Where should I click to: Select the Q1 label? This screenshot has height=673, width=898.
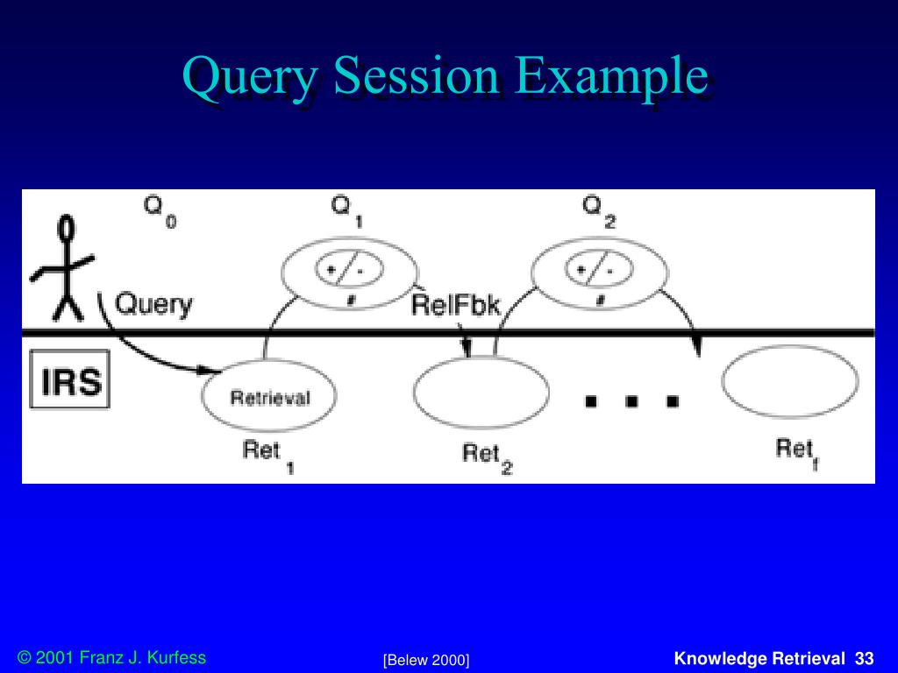pyautogui.click(x=346, y=210)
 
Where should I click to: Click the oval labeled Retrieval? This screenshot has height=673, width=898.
pyautogui.click(x=269, y=396)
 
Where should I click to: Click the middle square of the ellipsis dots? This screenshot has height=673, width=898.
pyautogui.click(x=631, y=401)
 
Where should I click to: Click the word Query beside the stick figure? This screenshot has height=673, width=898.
pyautogui.click(x=154, y=304)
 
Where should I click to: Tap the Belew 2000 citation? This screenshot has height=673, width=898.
pyautogui.click(x=426, y=660)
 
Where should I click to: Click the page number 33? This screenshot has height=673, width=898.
pyautogui.click(x=865, y=658)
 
